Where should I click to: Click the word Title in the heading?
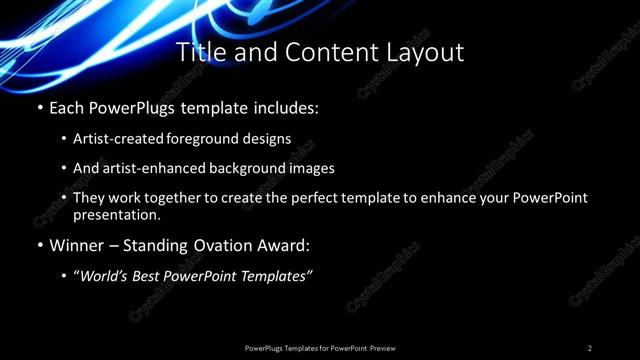[198, 52]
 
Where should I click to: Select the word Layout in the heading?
[427, 52]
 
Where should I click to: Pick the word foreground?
[214, 138]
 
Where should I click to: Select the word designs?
[269, 138]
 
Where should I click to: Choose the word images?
[311, 168]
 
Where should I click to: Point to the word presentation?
[116, 214]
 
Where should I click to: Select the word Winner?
[76, 244]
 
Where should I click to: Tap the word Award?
[286, 244]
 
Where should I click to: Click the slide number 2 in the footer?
[590, 347]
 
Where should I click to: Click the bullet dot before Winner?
[39, 244]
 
